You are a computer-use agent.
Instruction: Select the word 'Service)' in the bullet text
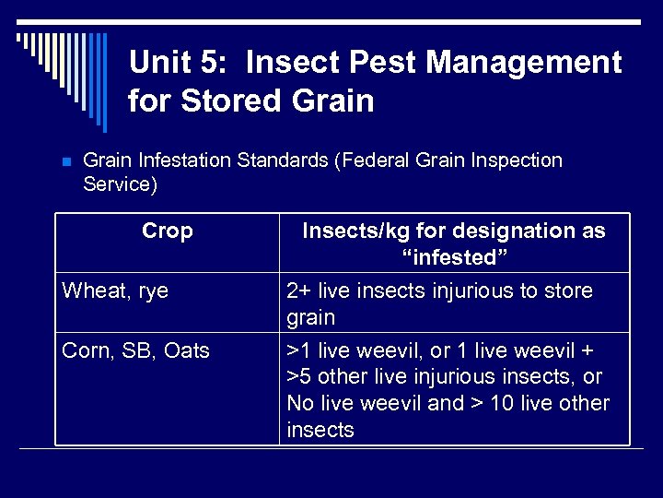120,184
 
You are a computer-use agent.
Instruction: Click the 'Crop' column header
168,231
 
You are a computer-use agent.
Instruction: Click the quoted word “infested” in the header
454,257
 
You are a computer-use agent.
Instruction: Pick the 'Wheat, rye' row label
115,291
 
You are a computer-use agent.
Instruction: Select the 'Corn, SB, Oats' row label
135,351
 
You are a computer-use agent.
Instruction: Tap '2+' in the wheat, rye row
300,291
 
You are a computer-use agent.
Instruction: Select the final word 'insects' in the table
320,430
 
